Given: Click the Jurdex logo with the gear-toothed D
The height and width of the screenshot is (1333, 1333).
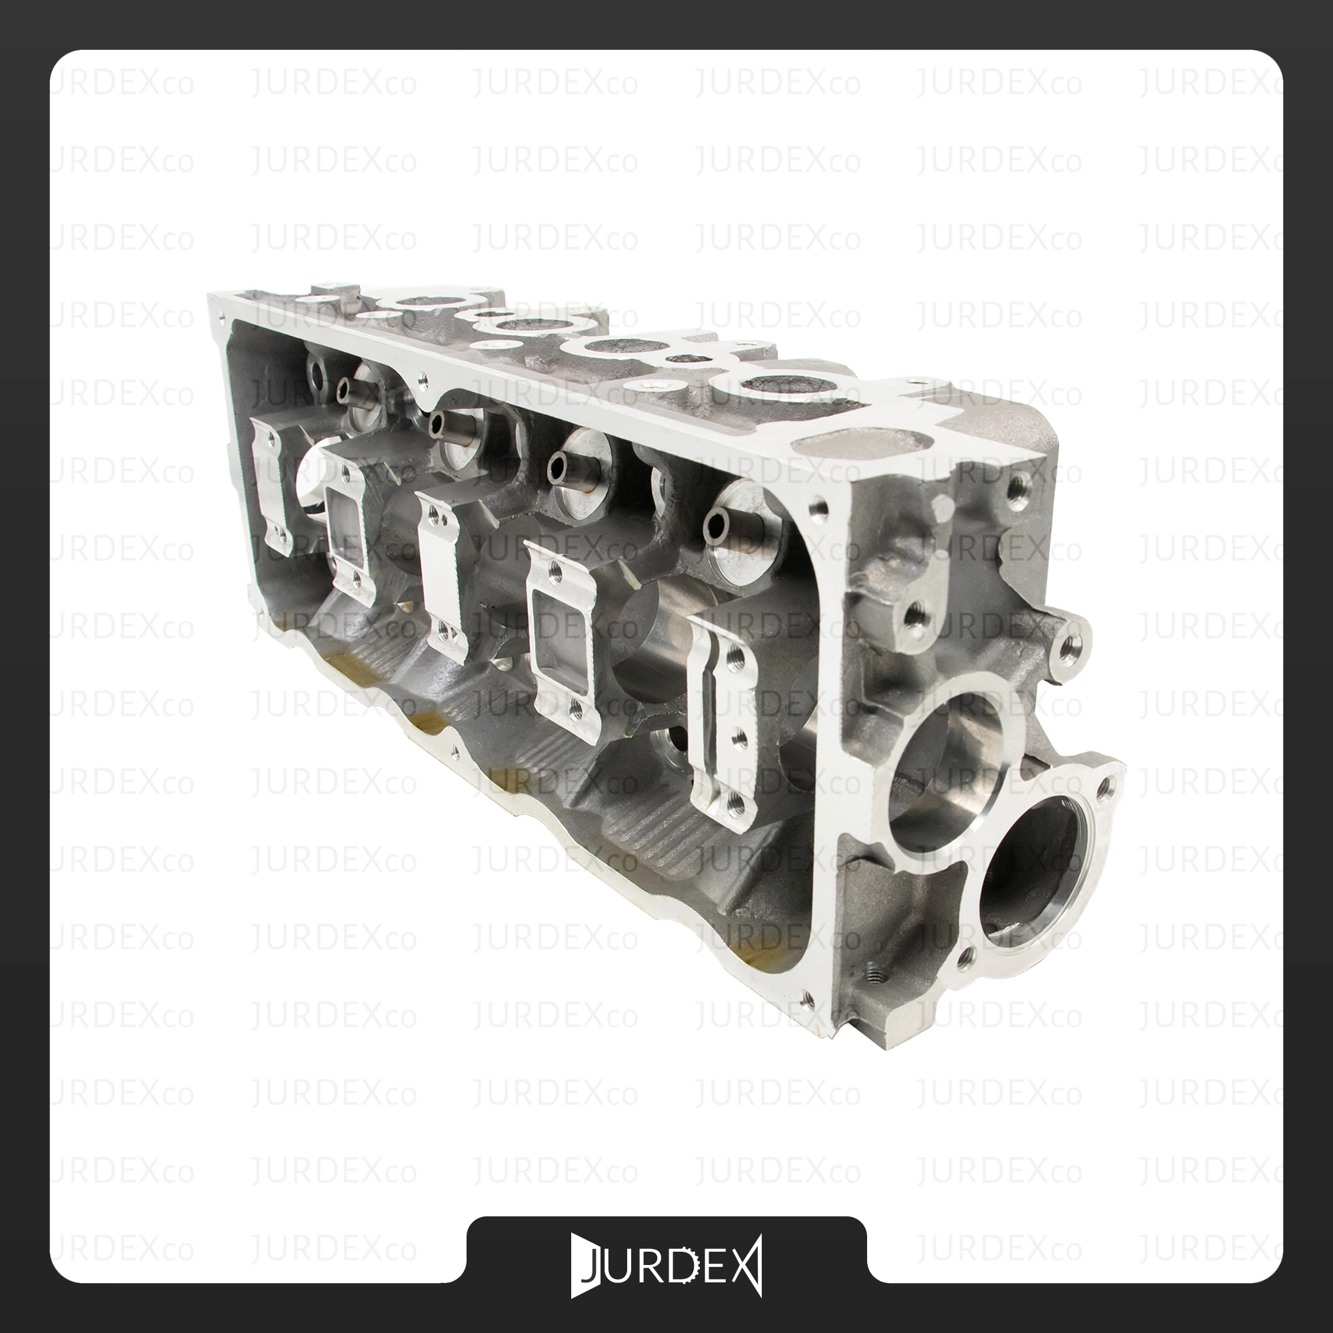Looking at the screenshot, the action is (666, 1266).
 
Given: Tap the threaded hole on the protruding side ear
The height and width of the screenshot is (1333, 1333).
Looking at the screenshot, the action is (1070, 646).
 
